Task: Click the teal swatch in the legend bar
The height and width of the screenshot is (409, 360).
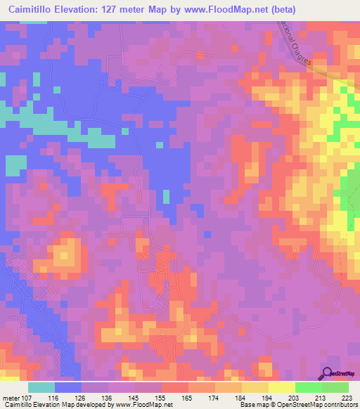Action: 41,387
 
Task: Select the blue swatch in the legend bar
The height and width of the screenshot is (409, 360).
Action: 68,387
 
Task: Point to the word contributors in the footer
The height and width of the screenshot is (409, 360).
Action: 340,405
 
